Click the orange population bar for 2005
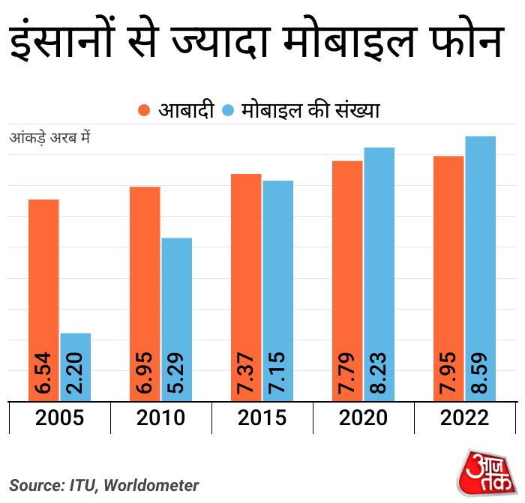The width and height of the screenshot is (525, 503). click(x=43, y=300)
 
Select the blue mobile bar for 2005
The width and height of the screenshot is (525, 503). click(x=75, y=367)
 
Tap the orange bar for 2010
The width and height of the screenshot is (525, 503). click(x=145, y=293)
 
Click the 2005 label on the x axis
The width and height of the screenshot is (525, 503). click(x=59, y=418)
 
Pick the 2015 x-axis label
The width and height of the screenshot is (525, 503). click(x=262, y=418)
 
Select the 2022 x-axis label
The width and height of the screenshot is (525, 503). click(x=464, y=418)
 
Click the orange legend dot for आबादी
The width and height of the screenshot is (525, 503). click(x=145, y=110)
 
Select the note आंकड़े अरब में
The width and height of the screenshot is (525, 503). click(x=49, y=139)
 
